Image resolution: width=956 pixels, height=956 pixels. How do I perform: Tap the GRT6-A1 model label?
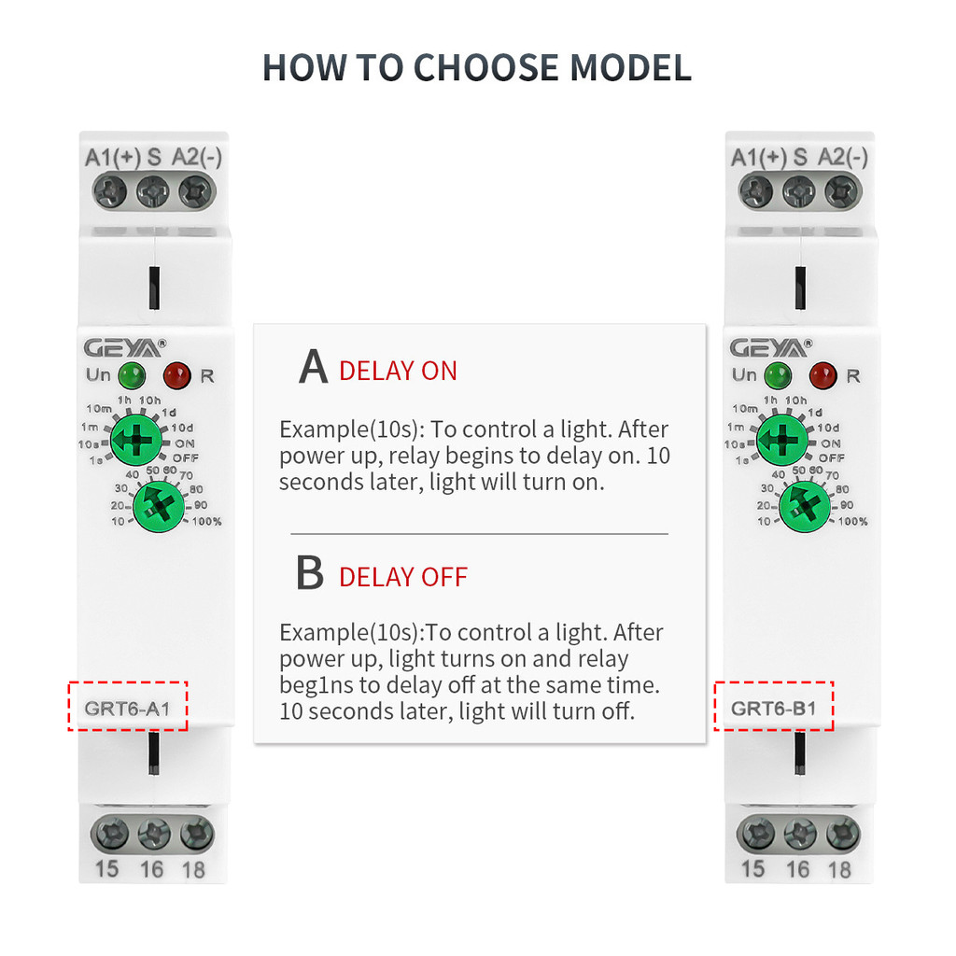[127, 708]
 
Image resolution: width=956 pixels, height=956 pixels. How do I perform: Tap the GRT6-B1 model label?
[773, 708]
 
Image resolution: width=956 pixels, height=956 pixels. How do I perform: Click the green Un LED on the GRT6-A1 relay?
[131, 376]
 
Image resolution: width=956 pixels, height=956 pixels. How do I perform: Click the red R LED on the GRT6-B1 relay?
[822, 375]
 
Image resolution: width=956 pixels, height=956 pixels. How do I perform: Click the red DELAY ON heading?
[398, 371]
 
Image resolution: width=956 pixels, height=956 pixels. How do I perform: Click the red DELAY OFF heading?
[403, 577]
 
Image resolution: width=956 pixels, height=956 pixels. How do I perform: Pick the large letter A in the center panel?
[313, 368]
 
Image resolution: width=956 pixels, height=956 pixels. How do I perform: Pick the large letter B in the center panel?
[310, 573]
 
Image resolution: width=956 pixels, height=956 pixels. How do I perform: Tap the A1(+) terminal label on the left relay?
[112, 158]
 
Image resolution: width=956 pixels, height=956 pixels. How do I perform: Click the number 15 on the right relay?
[752, 868]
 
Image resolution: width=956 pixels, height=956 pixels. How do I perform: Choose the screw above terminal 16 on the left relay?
[149, 831]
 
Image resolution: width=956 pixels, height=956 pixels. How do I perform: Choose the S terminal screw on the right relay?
[798, 192]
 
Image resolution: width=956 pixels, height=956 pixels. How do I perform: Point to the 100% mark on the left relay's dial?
[206, 521]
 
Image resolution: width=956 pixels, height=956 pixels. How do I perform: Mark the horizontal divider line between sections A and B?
[479, 534]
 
